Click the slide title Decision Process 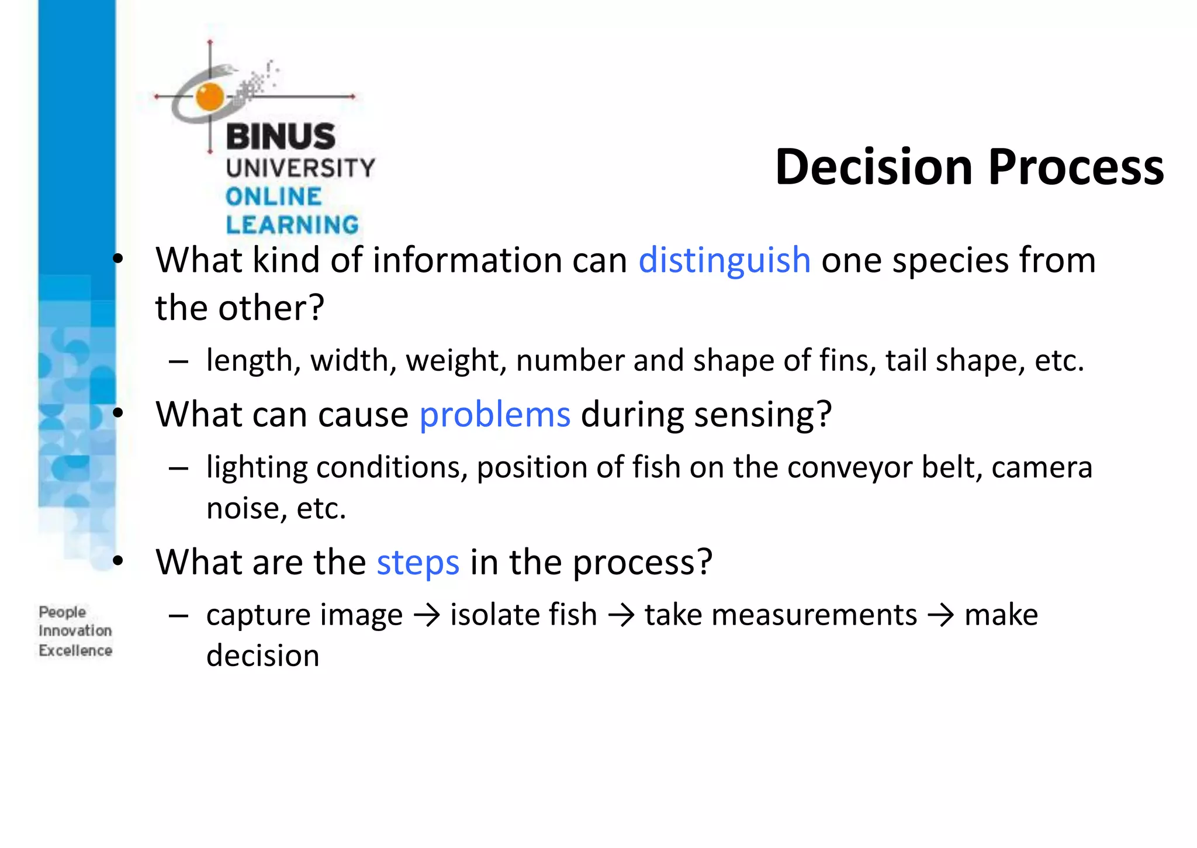point(969,167)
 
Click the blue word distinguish point(724,261)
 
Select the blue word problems point(494,415)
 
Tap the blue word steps point(418,563)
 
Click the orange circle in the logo point(209,96)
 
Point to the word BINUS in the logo point(281,137)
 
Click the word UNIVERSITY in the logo point(300,168)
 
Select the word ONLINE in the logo point(274,197)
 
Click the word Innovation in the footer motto point(75,631)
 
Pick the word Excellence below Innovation point(75,651)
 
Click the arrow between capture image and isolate point(427,616)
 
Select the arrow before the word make point(940,616)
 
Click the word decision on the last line point(262,656)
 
